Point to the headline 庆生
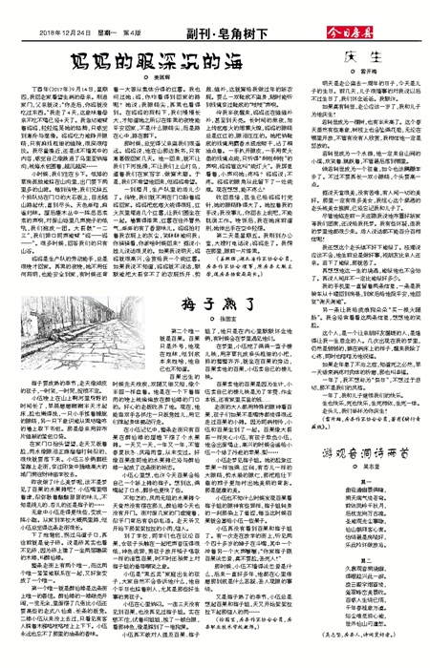pos(362,55)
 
